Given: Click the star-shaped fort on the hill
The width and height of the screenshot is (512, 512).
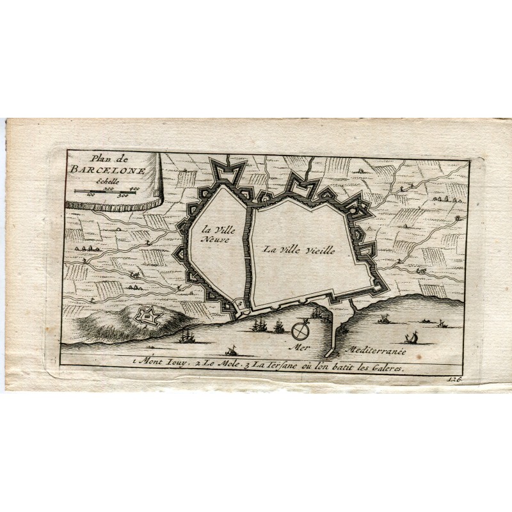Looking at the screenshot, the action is point(149,316).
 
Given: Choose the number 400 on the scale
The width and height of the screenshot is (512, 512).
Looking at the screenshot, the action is point(134,188).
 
